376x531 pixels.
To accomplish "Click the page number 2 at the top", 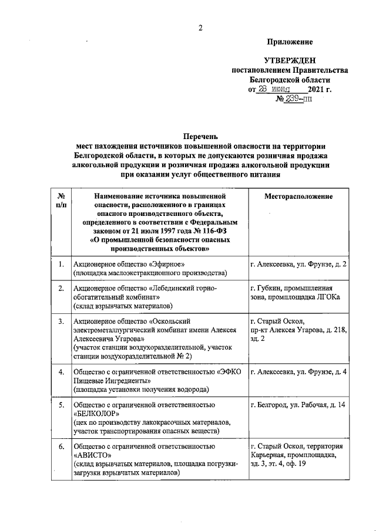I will [200, 28].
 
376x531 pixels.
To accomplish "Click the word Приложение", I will [290, 42].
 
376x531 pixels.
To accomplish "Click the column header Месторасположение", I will [298, 196].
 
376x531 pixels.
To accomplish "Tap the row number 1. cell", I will [61, 265].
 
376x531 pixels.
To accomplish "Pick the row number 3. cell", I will [61, 322].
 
